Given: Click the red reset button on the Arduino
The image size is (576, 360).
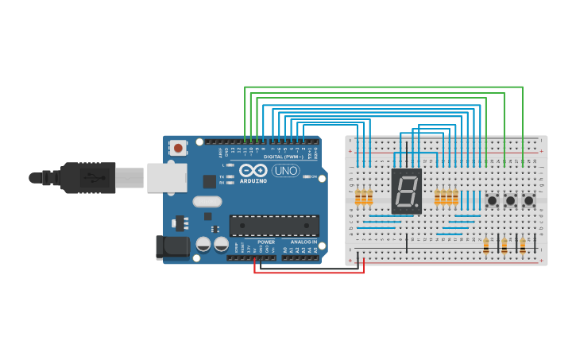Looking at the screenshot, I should tap(178, 148).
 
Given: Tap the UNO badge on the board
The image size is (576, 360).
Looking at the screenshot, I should tap(285, 170).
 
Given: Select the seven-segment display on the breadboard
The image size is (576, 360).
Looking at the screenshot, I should tap(406, 191).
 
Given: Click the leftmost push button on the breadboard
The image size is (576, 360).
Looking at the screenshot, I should tap(493, 200).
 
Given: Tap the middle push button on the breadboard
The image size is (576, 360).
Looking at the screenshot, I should tap(511, 200).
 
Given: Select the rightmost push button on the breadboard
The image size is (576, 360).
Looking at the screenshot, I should tap(529, 200).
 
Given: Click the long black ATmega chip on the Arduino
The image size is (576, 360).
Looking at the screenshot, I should tap(274, 226).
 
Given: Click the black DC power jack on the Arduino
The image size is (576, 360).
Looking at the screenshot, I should tap(172, 246).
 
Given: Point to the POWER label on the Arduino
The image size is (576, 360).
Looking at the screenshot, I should tap(266, 242).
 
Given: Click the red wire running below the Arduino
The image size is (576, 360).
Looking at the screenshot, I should tap(310, 272).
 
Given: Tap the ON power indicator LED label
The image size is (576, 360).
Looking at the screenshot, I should tap(315, 176).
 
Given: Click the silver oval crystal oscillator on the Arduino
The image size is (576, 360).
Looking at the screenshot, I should tap(207, 202).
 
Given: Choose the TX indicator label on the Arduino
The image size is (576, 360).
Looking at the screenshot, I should tap(222, 176).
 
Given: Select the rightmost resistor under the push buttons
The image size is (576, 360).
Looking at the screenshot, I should tap(523, 246).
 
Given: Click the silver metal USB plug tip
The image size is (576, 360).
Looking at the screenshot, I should tap(130, 178).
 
